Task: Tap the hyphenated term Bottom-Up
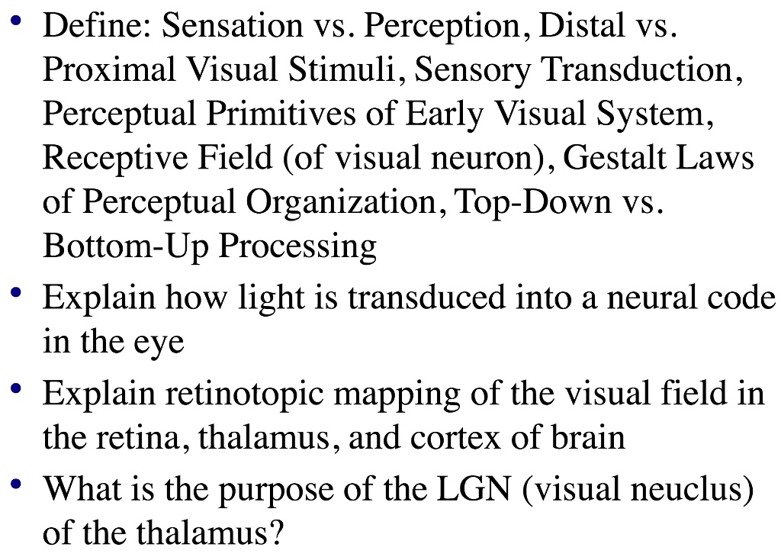click(126, 247)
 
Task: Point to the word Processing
click(298, 247)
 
